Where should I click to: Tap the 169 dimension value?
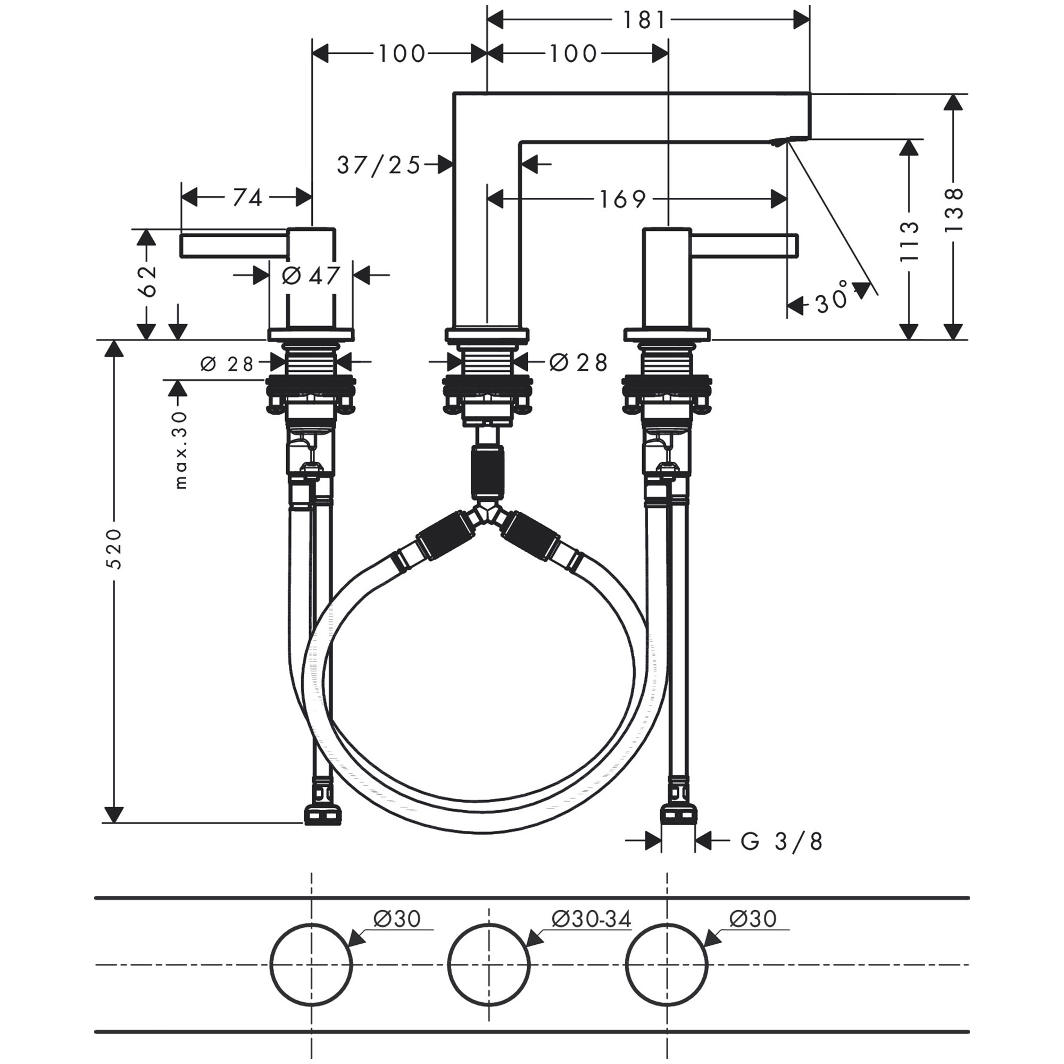pyautogui.click(x=622, y=200)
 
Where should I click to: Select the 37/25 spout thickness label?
pyautogui.click(x=379, y=165)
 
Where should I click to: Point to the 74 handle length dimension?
pyautogui.click(x=247, y=198)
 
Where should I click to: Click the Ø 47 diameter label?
pyautogui.click(x=311, y=276)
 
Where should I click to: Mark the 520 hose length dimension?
pyautogui.click(x=114, y=548)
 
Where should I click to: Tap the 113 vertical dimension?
pyautogui.click(x=909, y=241)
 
